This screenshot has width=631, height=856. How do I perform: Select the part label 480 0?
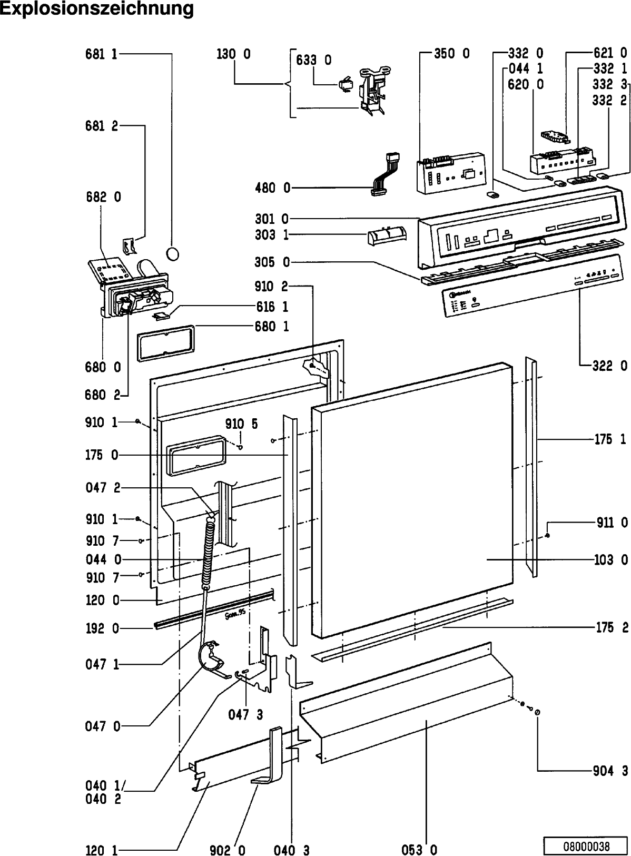(273, 188)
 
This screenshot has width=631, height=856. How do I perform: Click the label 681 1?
(102, 54)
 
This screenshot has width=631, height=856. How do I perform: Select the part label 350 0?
(451, 53)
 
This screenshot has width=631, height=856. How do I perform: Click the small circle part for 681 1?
(172, 254)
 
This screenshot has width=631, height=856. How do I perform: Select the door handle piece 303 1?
(387, 235)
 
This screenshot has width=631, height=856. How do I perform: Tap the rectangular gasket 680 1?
(165, 342)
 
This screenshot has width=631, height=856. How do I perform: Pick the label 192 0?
(102, 628)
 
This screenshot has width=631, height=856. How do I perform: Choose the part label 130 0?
(233, 54)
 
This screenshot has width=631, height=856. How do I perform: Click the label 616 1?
(272, 306)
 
